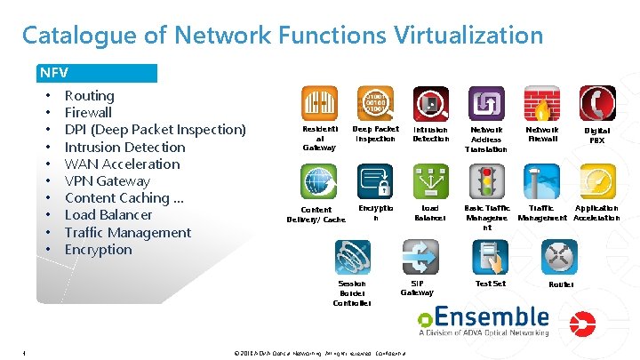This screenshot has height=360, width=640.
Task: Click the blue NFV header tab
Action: pos(97,73)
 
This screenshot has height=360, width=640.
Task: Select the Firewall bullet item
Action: pos(88,113)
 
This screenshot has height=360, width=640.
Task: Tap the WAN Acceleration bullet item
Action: pos(122,164)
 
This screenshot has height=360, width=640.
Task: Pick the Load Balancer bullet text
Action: pos(108,215)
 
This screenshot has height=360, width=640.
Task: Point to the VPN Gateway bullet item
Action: pos(108,181)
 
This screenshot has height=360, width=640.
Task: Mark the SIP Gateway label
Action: pos(417,287)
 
